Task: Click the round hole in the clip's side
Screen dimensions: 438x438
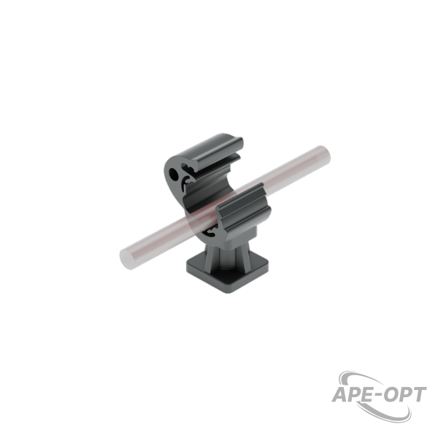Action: click(x=173, y=174)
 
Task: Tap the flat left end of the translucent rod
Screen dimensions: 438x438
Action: click(x=126, y=258)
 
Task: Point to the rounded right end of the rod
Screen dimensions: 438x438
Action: click(x=324, y=155)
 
